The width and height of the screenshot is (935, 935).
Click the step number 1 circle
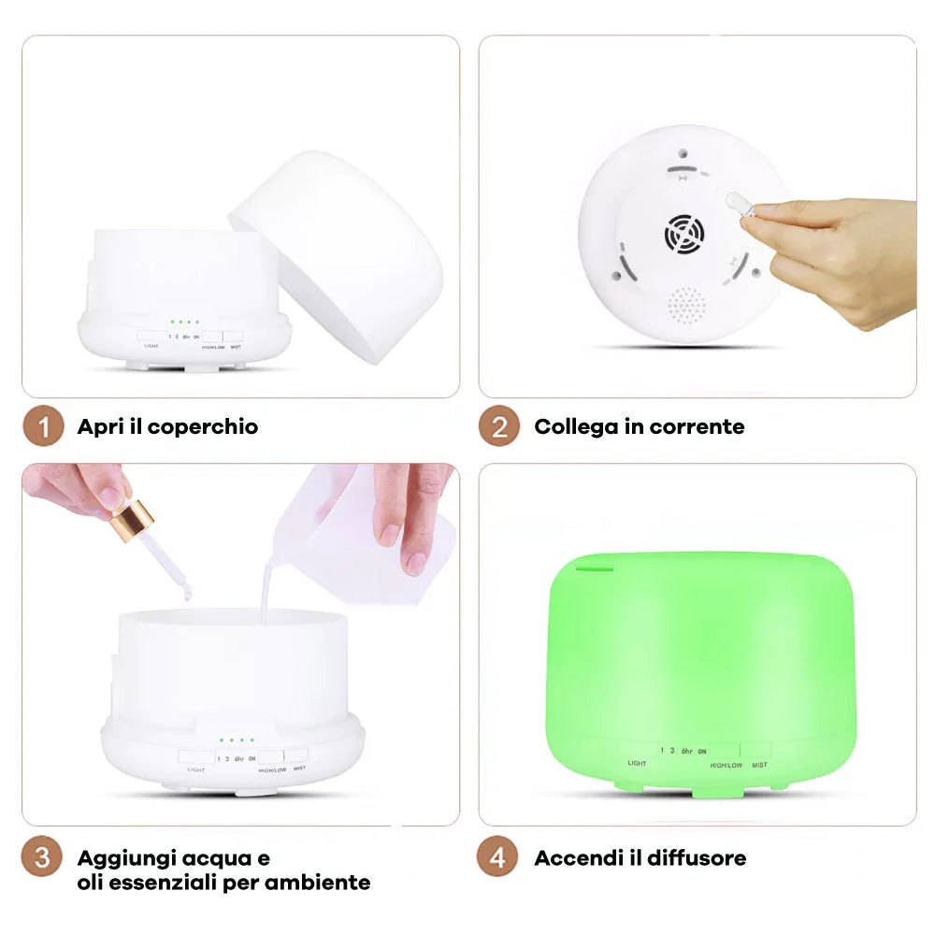pyautogui.click(x=43, y=427)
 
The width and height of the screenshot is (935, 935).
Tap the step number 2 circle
pyautogui.click(x=499, y=427)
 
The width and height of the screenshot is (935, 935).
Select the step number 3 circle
pyautogui.click(x=43, y=857)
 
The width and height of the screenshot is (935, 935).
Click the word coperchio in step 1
pyautogui.click(x=203, y=427)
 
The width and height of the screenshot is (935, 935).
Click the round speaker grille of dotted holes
pyautogui.click(x=687, y=306)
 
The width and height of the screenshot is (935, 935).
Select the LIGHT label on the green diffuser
pyautogui.click(x=637, y=764)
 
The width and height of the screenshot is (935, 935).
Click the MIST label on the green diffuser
pyautogui.click(x=759, y=765)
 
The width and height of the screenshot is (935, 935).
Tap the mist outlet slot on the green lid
pyautogui.click(x=593, y=566)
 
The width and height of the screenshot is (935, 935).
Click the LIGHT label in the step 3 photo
pyautogui.click(x=195, y=770)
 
